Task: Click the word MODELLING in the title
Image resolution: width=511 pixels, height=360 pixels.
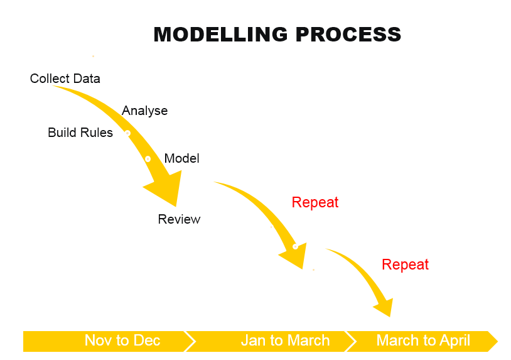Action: click(220, 34)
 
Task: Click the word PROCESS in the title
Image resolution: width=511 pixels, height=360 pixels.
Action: click(348, 34)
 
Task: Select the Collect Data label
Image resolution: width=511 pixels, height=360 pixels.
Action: click(65, 79)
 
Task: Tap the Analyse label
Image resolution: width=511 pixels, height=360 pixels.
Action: click(144, 111)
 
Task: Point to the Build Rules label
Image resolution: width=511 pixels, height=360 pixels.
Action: click(80, 133)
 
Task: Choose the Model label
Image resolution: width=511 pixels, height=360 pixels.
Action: click(181, 158)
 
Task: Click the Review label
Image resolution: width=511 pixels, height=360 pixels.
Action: click(179, 219)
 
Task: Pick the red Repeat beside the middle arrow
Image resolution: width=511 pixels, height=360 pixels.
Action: click(315, 202)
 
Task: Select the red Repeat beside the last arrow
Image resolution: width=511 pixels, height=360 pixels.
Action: click(405, 265)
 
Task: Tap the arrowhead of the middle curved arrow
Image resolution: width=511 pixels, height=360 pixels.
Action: click(295, 255)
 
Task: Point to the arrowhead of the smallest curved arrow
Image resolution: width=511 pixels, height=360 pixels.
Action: click(385, 307)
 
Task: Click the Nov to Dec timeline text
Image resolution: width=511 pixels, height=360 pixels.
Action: click(122, 341)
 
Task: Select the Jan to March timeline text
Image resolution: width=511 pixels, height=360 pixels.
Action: click(285, 341)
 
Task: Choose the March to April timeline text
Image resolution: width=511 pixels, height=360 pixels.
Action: click(423, 341)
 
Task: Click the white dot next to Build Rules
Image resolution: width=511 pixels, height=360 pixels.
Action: click(128, 133)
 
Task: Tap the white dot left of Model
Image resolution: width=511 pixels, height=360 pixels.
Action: click(148, 159)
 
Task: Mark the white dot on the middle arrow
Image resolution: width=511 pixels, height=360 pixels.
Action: click(295, 246)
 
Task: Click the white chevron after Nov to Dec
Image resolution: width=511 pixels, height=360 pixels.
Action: click(190, 341)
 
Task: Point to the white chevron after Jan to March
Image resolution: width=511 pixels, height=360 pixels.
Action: click(351, 341)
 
